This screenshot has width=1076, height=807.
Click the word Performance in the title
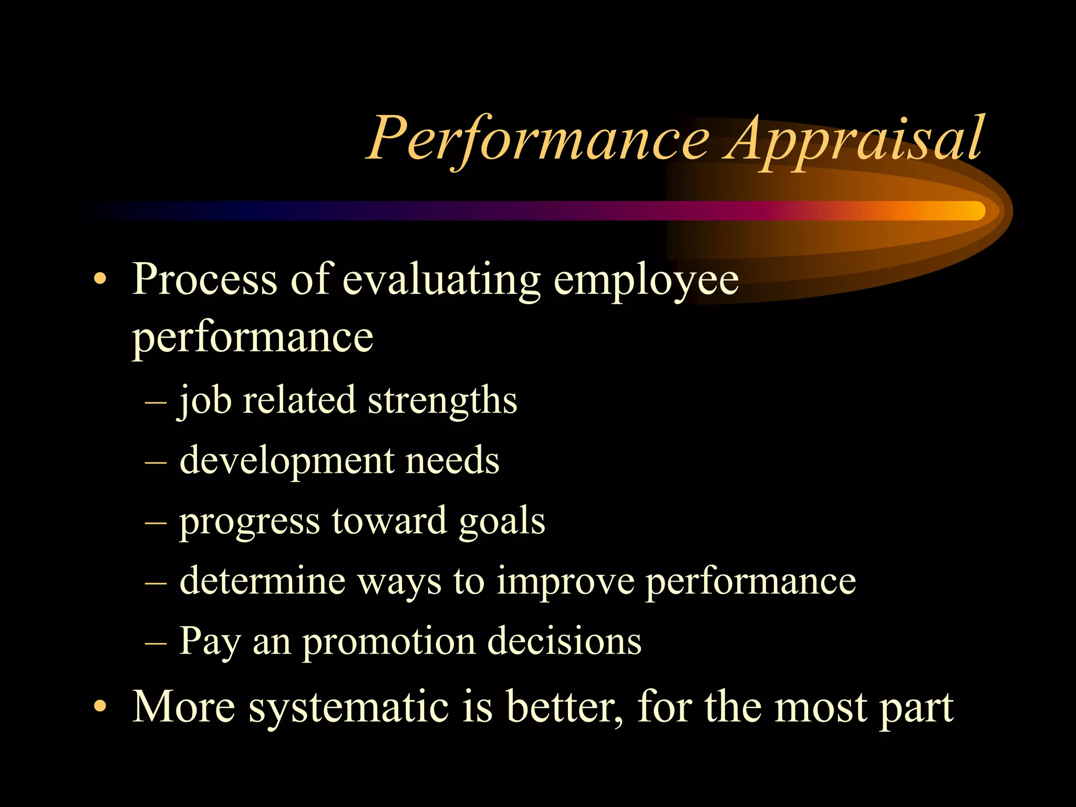pyautogui.click(x=539, y=139)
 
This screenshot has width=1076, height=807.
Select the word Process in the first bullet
pyautogui.click(x=204, y=280)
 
